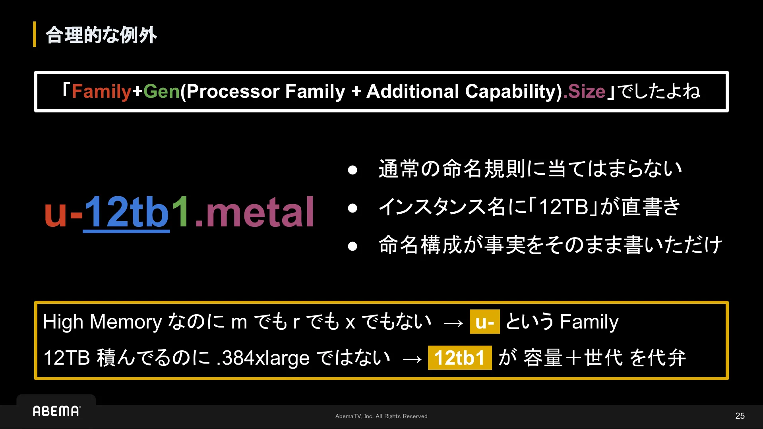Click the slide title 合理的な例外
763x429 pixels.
101,35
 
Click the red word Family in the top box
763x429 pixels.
101,92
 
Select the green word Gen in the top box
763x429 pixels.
162,91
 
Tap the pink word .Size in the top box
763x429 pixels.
584,92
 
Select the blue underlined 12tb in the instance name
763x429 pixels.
126,213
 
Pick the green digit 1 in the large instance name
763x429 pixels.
181,211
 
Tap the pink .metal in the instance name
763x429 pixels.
254,212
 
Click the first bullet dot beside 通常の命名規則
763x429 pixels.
352,170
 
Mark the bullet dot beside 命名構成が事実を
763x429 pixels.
352,246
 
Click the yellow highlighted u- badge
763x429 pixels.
485,322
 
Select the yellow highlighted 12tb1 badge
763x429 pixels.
460,358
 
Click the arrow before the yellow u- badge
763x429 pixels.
453,323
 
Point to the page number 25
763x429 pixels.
740,416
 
